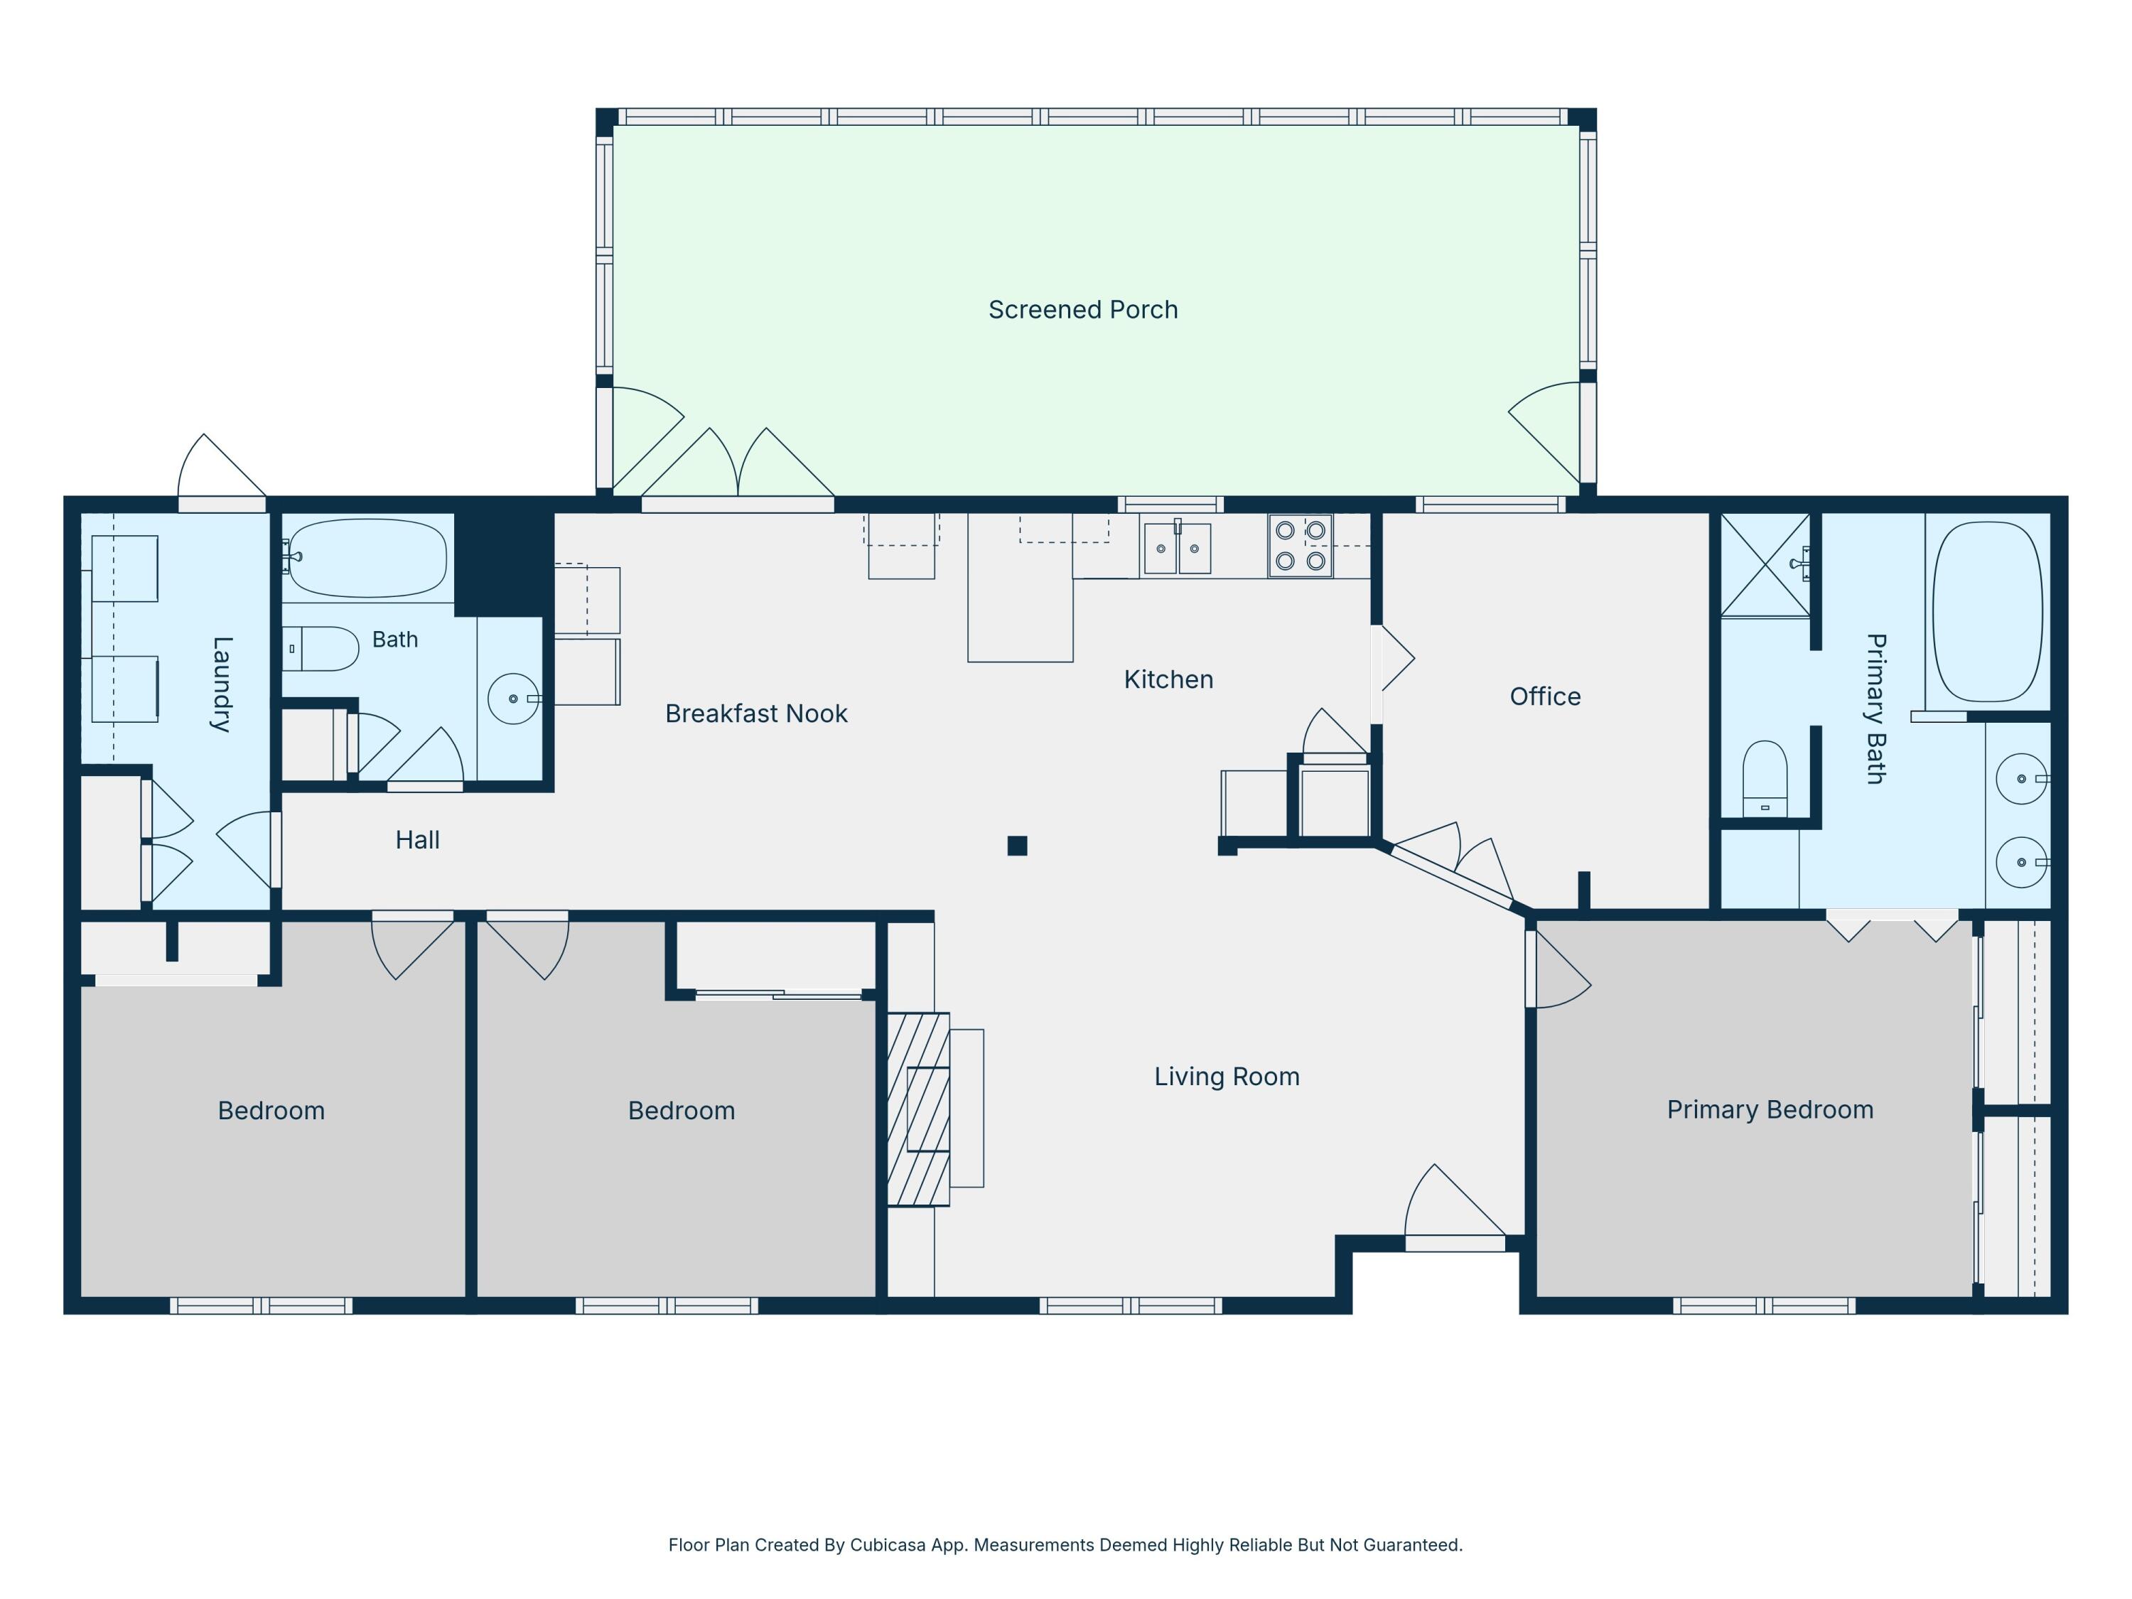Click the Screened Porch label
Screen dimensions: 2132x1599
(x=1082, y=309)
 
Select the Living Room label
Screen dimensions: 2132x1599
(x=1227, y=1077)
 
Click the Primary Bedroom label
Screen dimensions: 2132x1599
(x=1770, y=1109)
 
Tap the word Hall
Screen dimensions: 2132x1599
(x=417, y=839)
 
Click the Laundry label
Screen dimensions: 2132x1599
(x=222, y=684)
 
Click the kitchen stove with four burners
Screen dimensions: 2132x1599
(x=1301, y=546)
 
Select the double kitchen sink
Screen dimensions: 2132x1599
(x=1177, y=547)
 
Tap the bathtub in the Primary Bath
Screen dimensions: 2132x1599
(x=1988, y=612)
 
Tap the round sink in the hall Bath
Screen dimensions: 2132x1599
(x=514, y=699)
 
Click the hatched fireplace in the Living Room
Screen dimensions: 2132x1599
(x=917, y=1109)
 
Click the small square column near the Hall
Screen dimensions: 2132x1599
(x=1017, y=845)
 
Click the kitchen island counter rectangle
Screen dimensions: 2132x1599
(x=1020, y=587)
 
